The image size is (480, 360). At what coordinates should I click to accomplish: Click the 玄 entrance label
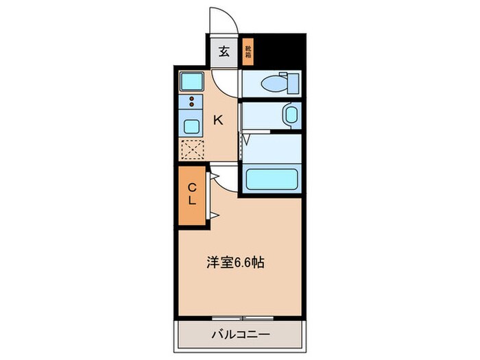click(224, 51)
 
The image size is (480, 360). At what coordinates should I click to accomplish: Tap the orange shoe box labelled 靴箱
click(248, 52)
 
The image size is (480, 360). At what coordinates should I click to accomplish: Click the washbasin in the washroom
click(291, 115)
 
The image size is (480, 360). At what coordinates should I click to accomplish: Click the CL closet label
click(193, 194)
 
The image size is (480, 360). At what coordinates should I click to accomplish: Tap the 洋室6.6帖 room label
click(235, 261)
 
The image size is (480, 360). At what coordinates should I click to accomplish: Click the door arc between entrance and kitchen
click(224, 81)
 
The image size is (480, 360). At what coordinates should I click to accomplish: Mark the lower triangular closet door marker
click(214, 216)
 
